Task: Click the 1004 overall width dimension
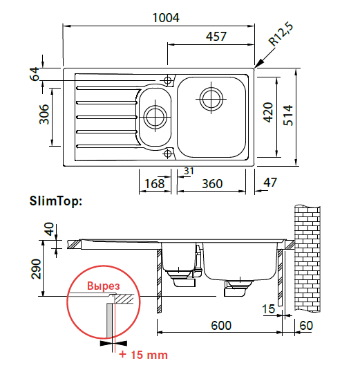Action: (166, 18)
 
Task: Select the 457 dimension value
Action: (216, 37)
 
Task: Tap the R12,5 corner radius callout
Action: (281, 34)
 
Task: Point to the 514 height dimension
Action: (288, 115)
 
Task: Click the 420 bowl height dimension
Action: (268, 112)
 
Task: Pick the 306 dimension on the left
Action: (44, 114)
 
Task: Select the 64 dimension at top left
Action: (35, 74)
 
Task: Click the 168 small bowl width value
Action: (154, 183)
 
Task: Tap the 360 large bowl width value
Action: (212, 183)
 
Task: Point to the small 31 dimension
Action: (189, 171)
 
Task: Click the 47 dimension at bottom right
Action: (270, 182)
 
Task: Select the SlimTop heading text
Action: (56, 201)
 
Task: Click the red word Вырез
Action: (104, 286)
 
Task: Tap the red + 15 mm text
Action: (143, 355)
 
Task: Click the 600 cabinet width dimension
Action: (221, 326)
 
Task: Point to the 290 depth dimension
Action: (36, 269)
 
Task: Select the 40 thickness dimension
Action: (49, 229)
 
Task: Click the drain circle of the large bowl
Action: (211, 99)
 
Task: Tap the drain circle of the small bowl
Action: (155, 117)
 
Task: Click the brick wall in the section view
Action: (307, 259)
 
